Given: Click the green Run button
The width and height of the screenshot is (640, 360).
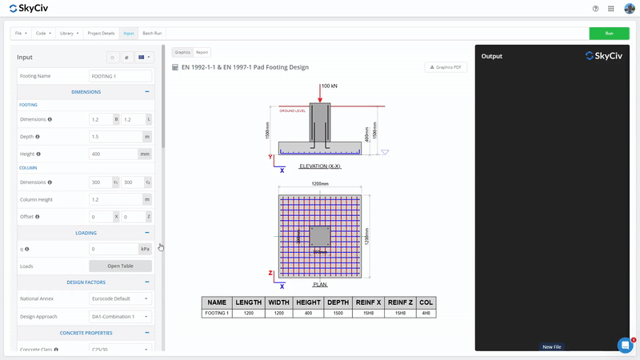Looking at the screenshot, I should [x=609, y=34].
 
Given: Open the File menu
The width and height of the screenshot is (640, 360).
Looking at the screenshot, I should [x=20, y=34].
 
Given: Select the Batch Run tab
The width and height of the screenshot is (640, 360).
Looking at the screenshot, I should [x=152, y=34].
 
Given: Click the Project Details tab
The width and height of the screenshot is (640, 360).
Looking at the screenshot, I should [x=101, y=34].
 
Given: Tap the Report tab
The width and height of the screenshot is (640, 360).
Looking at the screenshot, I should [x=202, y=52].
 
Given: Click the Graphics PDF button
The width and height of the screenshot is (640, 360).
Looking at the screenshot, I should [x=446, y=67].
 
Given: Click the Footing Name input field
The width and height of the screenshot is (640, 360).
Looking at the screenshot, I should [x=120, y=76].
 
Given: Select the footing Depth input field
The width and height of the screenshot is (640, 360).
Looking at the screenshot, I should [x=114, y=137].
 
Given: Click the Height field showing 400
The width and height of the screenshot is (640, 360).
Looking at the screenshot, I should [x=114, y=154].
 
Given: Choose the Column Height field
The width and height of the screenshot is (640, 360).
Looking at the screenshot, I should [x=114, y=199].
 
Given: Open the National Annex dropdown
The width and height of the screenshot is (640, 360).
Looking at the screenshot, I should [x=120, y=298].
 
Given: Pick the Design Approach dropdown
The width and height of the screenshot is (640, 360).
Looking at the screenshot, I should [x=120, y=317].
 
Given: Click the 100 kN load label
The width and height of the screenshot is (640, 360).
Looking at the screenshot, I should [x=329, y=86].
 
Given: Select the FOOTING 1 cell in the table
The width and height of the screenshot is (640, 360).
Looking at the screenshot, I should [x=216, y=314].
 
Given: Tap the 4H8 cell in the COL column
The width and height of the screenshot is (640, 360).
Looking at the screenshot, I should [x=426, y=314].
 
